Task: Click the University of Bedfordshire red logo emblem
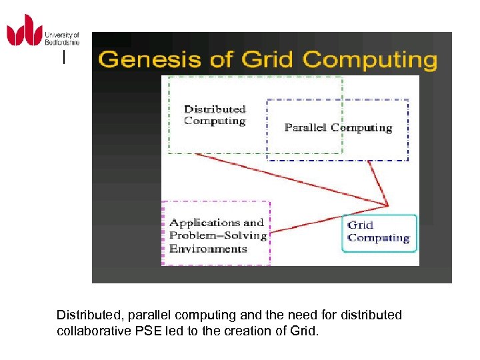pyautogui.click(x=25, y=31)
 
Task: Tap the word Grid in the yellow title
pyautogui.click(x=269, y=59)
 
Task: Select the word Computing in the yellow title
pyautogui.click(x=371, y=60)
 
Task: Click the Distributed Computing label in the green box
pyautogui.click(x=215, y=115)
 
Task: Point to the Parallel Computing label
pyautogui.click(x=338, y=127)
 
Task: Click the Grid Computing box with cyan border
pyautogui.click(x=379, y=232)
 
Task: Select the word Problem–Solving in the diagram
pyautogui.click(x=218, y=235)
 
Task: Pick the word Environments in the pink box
pyautogui.click(x=208, y=249)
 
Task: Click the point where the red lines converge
pyautogui.click(x=387, y=205)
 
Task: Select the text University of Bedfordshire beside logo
pyautogui.click(x=61, y=38)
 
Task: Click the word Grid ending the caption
pyautogui.click(x=304, y=330)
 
